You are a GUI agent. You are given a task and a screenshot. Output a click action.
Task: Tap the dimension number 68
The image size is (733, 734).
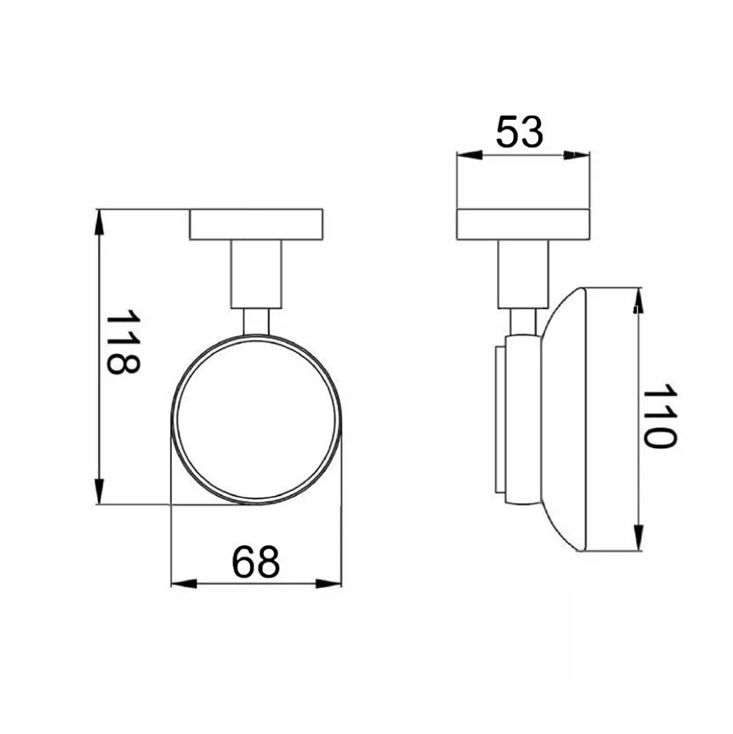[x=256, y=561]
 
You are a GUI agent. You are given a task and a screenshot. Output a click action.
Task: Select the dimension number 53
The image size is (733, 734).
[x=520, y=133]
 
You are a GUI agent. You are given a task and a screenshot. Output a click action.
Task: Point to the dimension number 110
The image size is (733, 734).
[x=660, y=417]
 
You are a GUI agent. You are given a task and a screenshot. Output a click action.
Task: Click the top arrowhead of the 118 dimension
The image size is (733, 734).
[x=99, y=221]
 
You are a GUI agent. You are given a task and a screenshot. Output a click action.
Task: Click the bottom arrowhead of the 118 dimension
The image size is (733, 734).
[x=99, y=492]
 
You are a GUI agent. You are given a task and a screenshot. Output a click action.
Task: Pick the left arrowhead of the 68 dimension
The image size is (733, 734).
[x=183, y=584]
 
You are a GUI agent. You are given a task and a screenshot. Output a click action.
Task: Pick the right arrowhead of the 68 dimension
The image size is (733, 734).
[x=329, y=584]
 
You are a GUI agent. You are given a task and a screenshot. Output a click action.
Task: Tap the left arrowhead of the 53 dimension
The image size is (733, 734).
[x=470, y=155]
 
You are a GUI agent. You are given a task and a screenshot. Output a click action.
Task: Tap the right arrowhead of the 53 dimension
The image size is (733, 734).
[x=577, y=155]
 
